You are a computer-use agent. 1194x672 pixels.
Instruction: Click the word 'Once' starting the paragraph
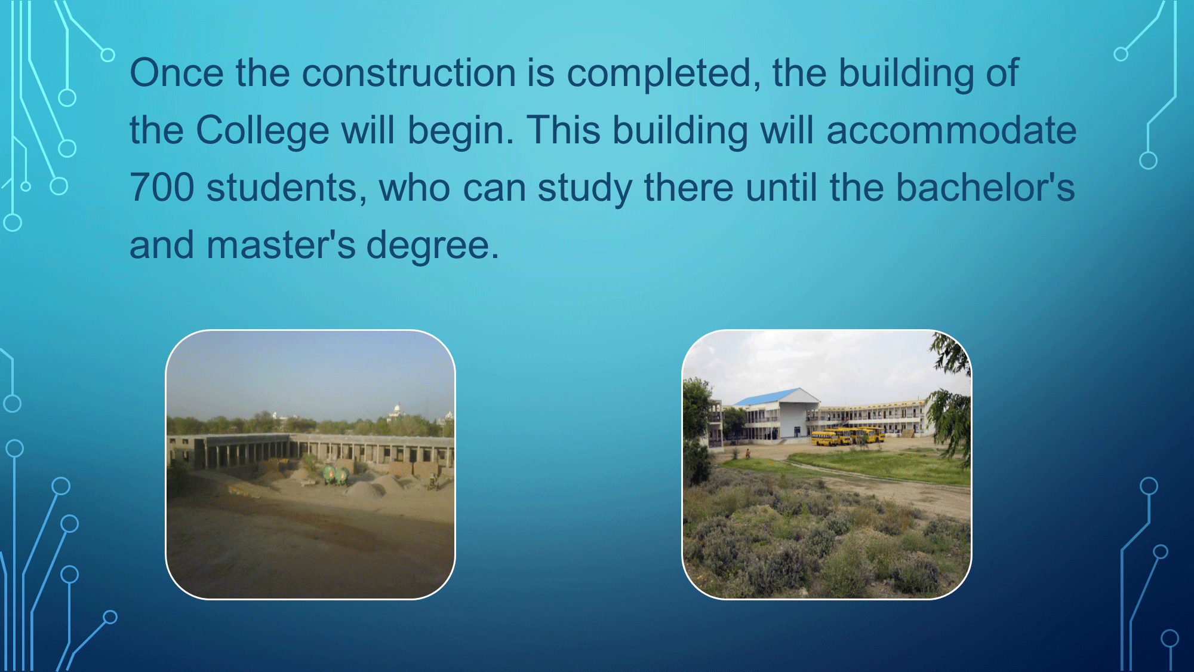[x=177, y=73]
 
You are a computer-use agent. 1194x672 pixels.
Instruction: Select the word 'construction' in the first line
[x=409, y=73]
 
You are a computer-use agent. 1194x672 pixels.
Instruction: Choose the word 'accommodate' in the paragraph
[x=952, y=131]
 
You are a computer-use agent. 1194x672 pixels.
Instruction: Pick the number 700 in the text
[x=162, y=188]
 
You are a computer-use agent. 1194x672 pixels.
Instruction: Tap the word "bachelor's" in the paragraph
[x=985, y=187]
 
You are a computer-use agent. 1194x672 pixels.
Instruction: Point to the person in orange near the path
[x=747, y=453]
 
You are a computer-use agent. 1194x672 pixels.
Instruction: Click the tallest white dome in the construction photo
[x=396, y=409]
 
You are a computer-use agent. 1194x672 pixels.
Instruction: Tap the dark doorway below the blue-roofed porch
[x=796, y=432]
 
